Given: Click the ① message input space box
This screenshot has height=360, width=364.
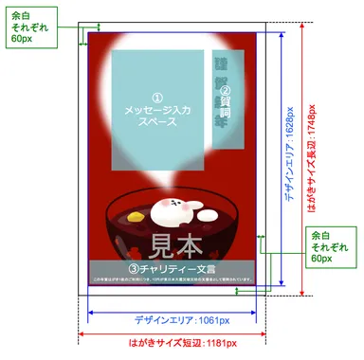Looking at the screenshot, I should pyautogui.click(x=157, y=104).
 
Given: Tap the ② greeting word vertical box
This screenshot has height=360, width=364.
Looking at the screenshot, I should pyautogui.click(x=225, y=95).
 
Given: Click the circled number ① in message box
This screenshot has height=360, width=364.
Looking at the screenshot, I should pyautogui.click(x=157, y=97).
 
